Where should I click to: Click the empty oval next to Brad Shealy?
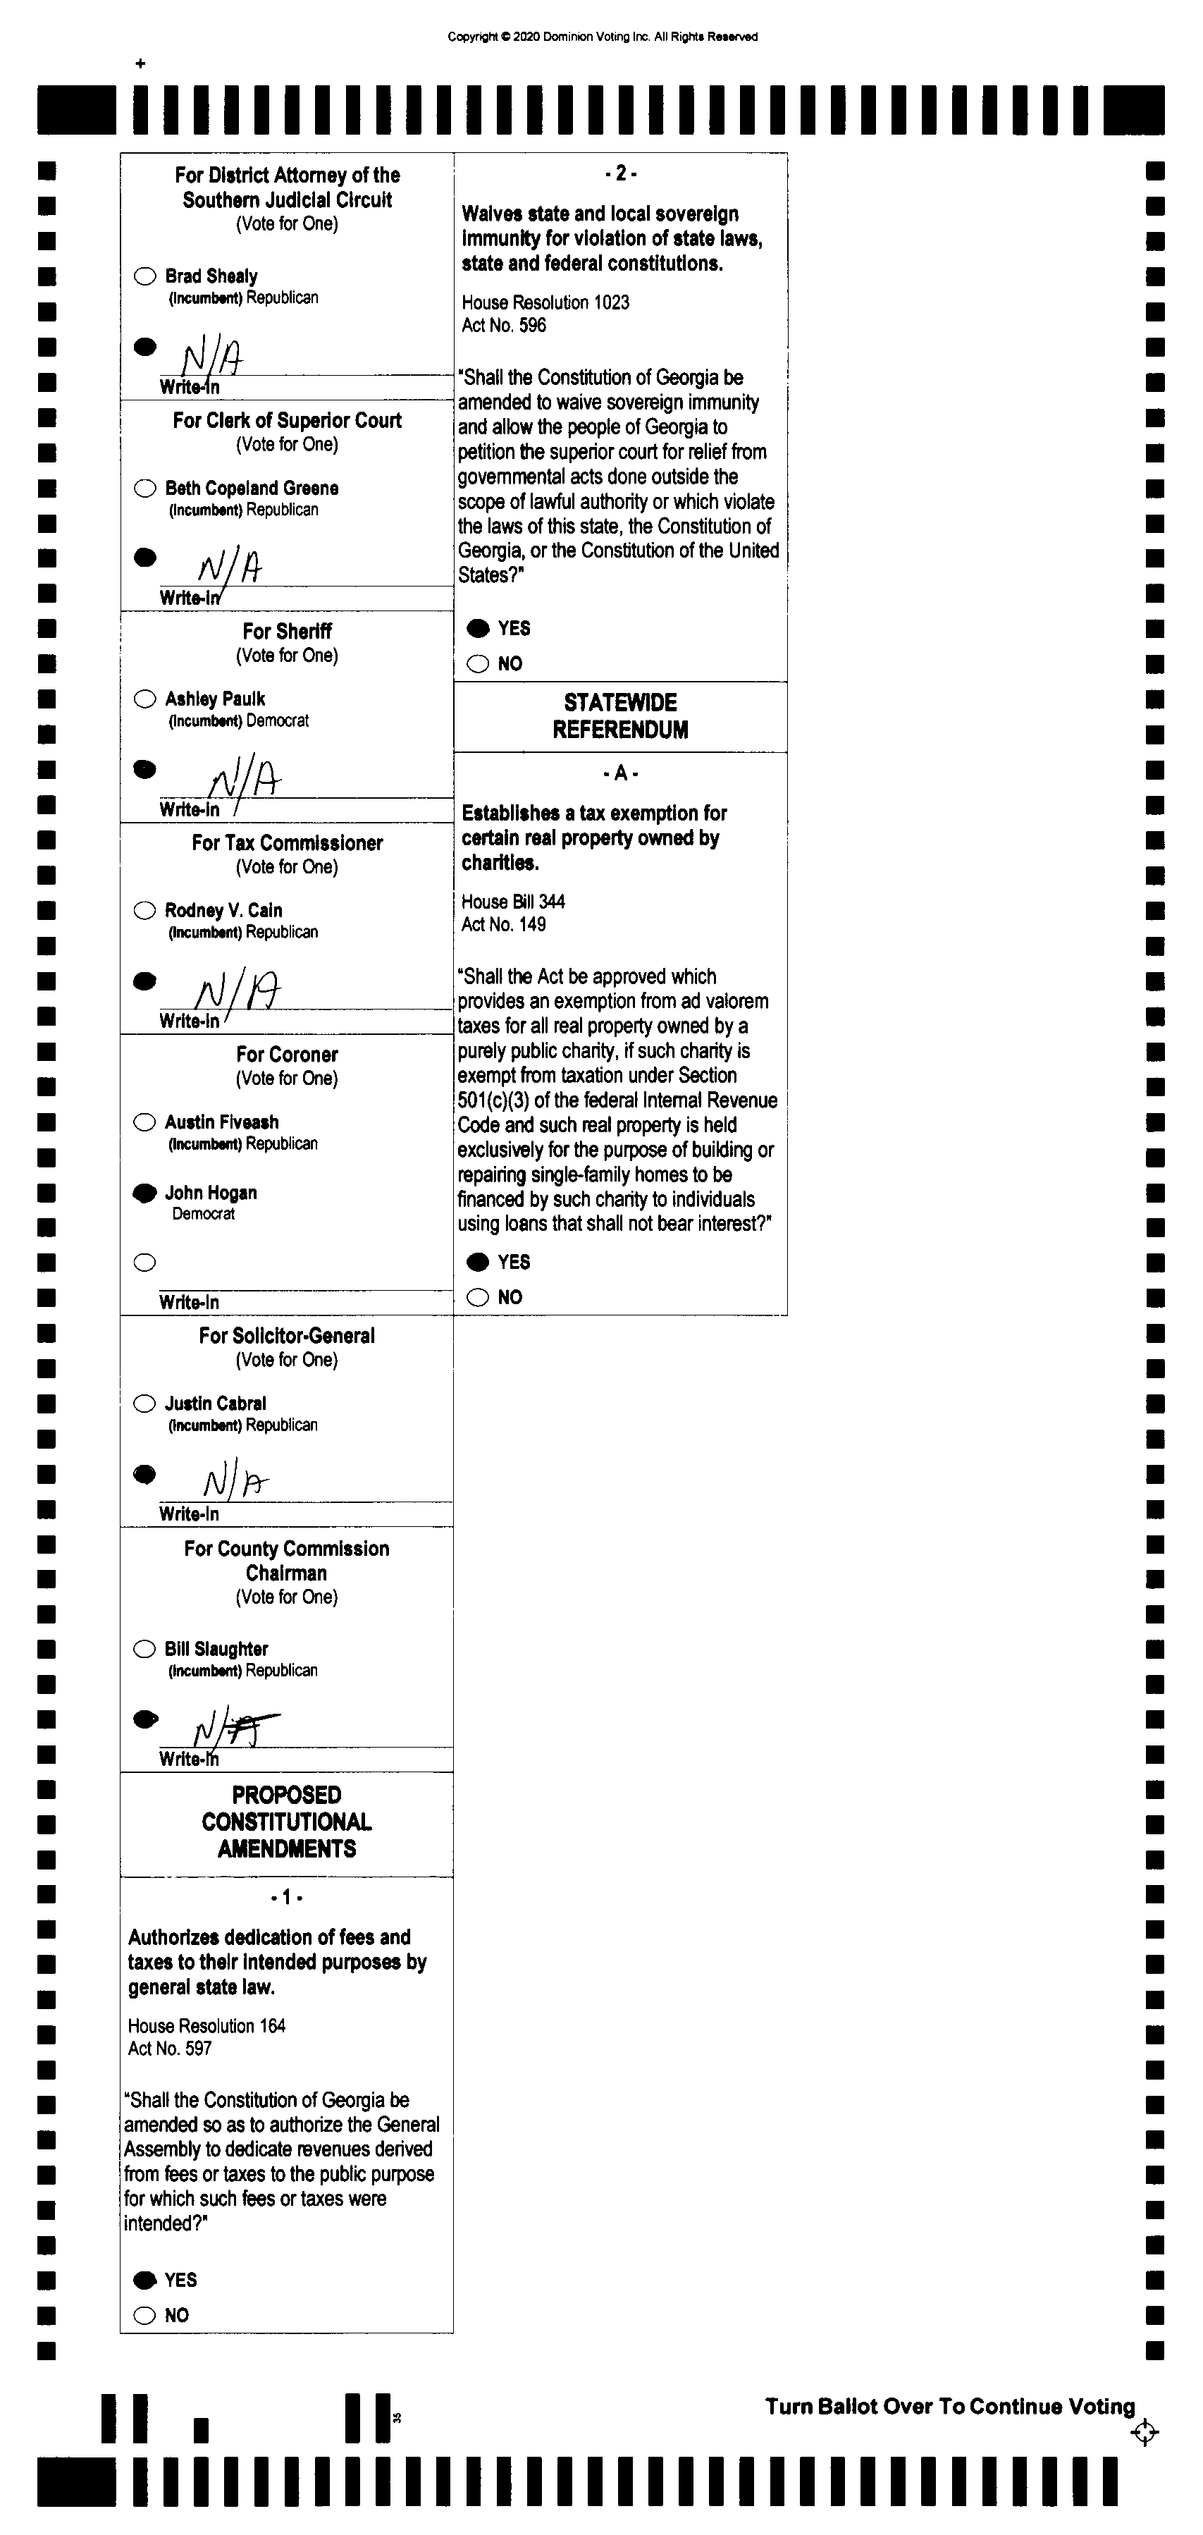tap(144, 276)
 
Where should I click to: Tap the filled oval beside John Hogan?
tap(144, 1193)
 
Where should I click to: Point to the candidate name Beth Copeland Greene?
tap(252, 488)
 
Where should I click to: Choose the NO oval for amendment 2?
tap(478, 664)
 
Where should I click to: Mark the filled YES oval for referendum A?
tap(478, 1263)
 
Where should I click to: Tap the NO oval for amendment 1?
tap(144, 2316)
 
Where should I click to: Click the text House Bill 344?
tap(512, 902)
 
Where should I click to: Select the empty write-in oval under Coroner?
tap(144, 1263)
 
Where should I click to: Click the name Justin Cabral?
tap(216, 1404)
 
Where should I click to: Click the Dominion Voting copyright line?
tap(602, 37)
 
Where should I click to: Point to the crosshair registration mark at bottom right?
tap(1144, 2433)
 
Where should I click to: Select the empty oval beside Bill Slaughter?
tap(144, 1650)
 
